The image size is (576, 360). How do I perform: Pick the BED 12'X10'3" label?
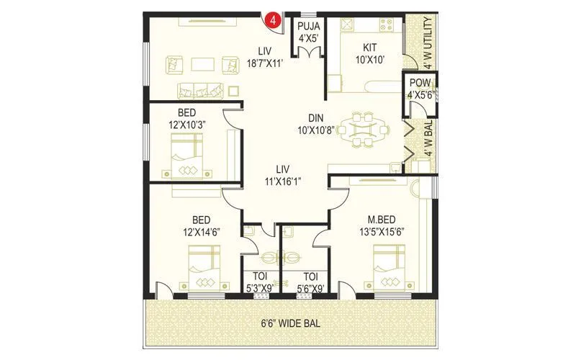point(186,120)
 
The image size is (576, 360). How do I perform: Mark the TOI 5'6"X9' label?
point(311,282)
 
